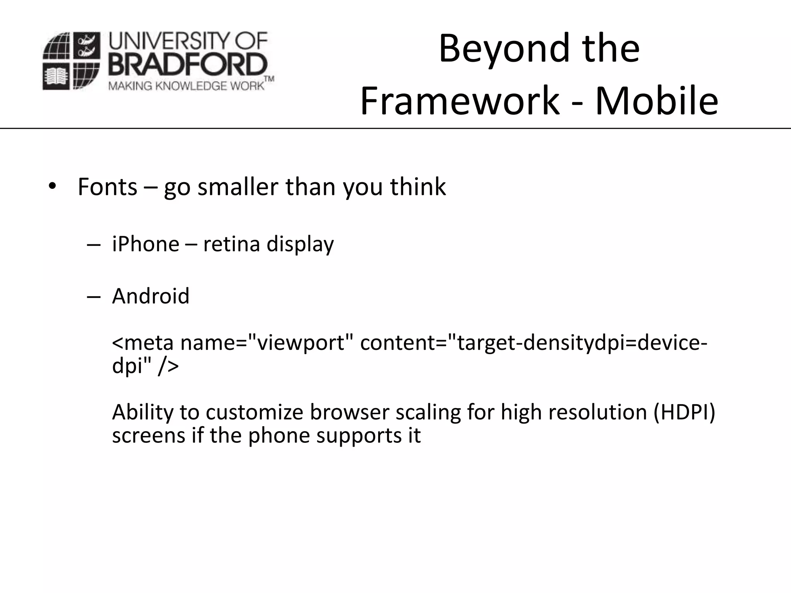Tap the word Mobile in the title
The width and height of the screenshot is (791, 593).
656,101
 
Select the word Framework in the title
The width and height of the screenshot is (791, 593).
460,101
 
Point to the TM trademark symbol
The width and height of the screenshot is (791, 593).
269,79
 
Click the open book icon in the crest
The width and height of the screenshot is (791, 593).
56,77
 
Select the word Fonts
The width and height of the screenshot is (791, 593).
107,187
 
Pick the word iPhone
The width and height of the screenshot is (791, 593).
146,244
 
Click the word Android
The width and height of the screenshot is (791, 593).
151,296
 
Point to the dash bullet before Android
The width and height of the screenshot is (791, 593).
94,296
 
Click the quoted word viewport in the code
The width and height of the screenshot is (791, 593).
301,343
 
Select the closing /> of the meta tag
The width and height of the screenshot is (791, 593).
168,366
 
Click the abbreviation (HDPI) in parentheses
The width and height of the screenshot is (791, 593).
684,412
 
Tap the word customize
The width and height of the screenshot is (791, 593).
255,412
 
